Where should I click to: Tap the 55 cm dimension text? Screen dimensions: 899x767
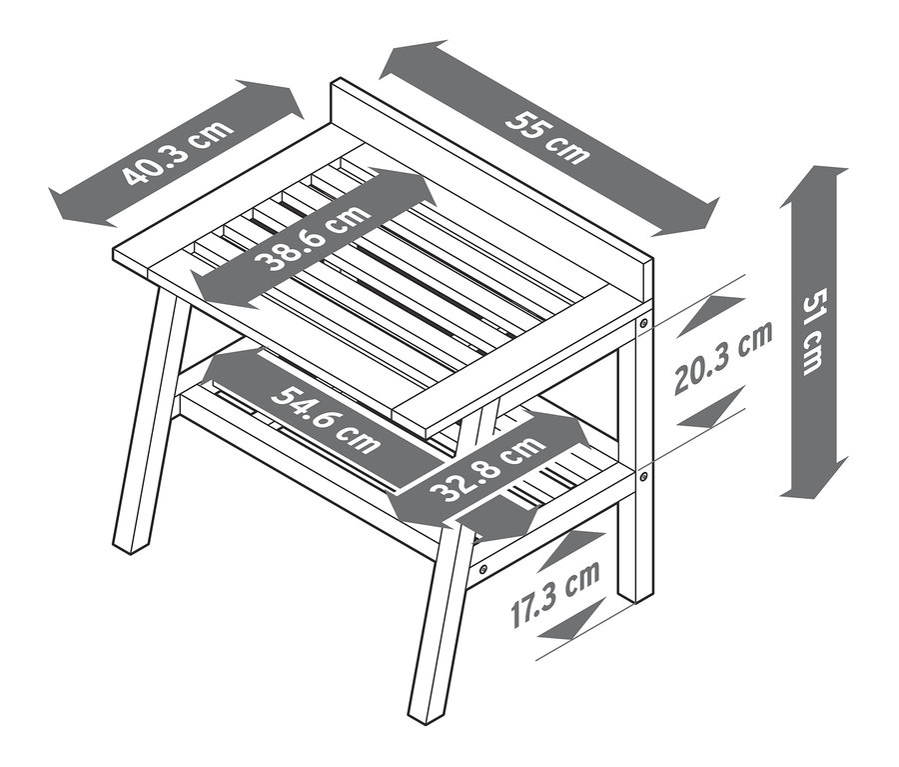click(548, 138)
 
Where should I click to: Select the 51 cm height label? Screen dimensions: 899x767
click(813, 332)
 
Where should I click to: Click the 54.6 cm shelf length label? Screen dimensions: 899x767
click(325, 419)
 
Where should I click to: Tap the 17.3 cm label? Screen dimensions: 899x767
click(555, 595)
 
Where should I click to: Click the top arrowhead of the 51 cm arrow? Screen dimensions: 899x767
click(814, 184)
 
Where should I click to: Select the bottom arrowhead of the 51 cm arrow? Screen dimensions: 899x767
click(814, 478)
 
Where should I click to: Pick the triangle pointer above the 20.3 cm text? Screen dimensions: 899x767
click(712, 315)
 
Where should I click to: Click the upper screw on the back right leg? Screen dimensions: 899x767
click(643, 322)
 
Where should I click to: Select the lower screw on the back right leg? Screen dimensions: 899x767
click(643, 476)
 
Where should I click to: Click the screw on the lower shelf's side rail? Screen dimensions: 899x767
click(483, 569)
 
